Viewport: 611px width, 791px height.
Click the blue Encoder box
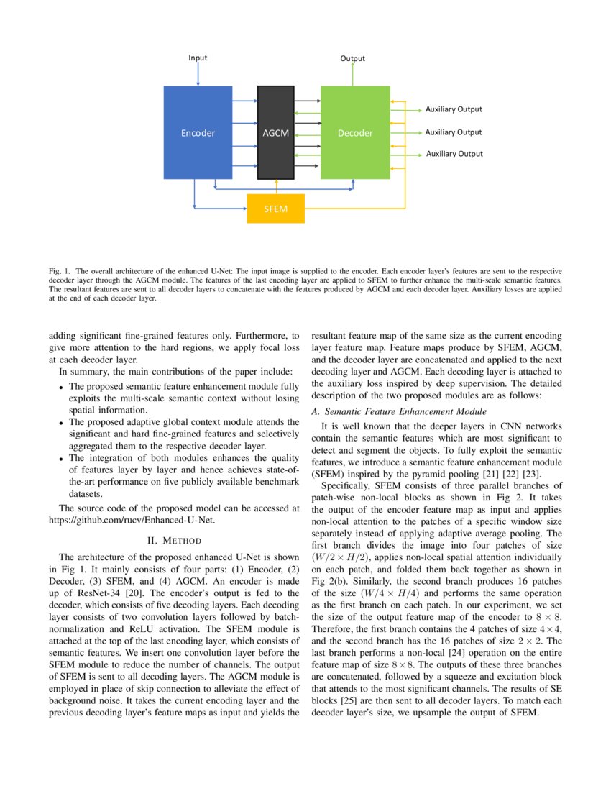point(198,132)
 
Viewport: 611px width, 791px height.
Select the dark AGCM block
point(275,132)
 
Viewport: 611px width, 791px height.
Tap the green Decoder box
point(355,132)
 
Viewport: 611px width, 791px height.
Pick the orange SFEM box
point(276,209)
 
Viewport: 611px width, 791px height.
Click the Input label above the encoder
point(198,58)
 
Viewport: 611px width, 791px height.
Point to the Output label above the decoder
point(352,58)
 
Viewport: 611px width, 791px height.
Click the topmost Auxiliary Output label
point(454,109)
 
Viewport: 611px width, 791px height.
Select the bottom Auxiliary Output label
point(454,154)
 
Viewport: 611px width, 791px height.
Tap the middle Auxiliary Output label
point(454,132)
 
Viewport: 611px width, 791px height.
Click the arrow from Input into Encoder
point(198,74)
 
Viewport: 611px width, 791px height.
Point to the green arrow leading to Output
point(352,74)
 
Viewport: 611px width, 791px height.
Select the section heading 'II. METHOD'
point(173,540)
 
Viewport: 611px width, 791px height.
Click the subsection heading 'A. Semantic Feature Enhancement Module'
point(399,411)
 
